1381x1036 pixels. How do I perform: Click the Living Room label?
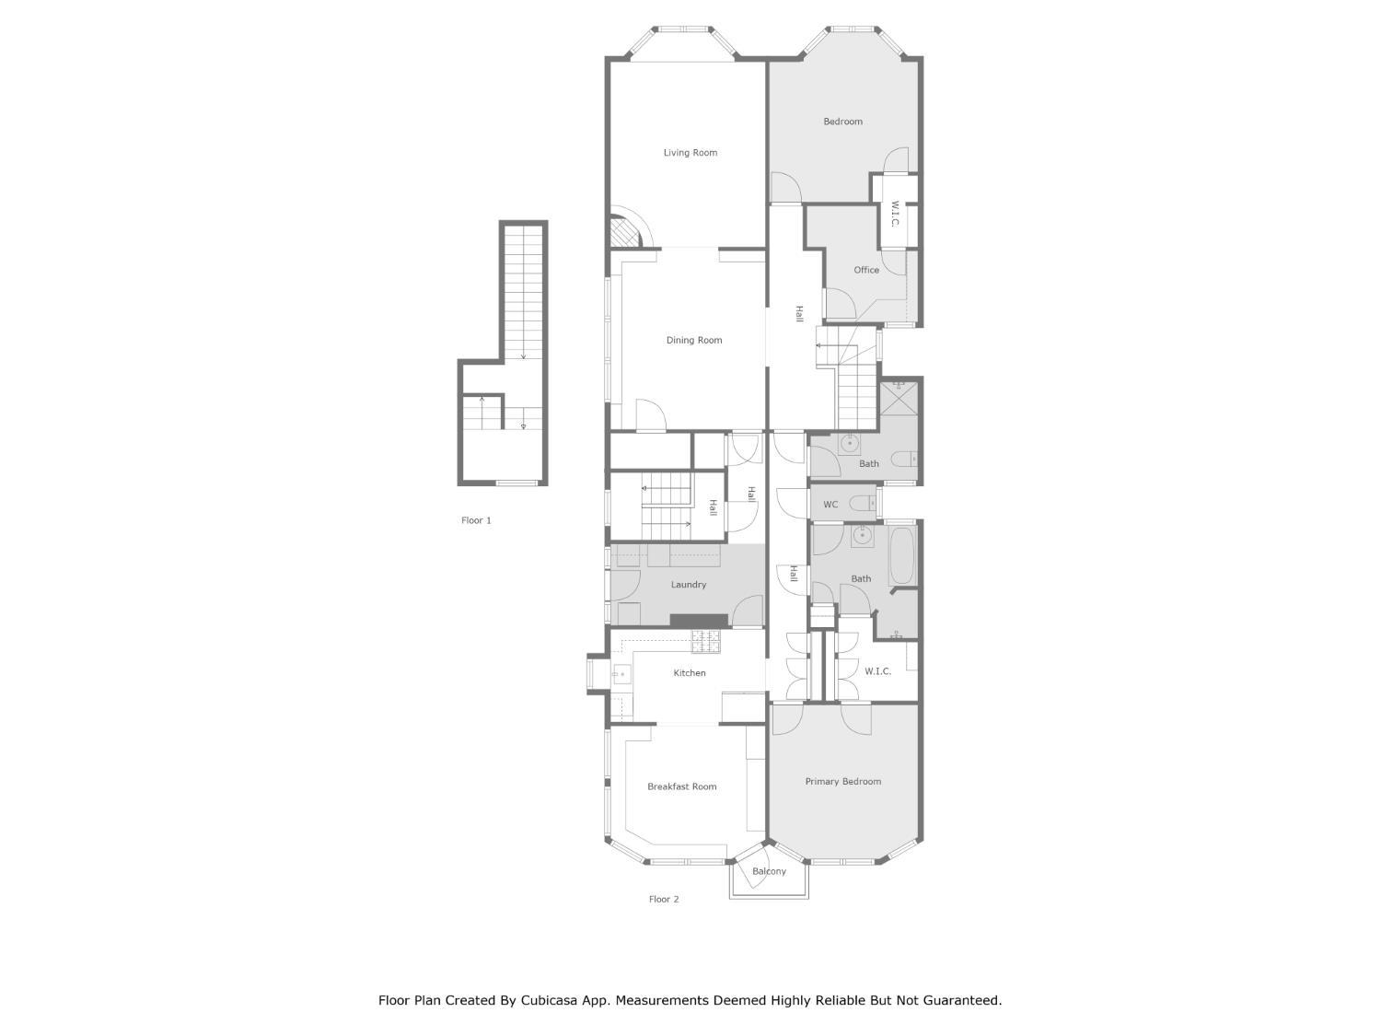(690, 153)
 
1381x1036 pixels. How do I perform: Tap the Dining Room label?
(694, 341)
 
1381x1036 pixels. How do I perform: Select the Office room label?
(866, 270)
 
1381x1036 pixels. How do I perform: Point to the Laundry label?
(689, 585)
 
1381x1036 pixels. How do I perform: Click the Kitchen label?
(690, 673)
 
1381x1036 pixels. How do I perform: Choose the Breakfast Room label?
(681, 786)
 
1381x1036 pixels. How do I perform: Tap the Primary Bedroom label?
(842, 782)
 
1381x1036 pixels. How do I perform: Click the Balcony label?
(769, 871)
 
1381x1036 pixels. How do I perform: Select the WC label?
(830, 505)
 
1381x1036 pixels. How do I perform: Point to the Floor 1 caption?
(476, 520)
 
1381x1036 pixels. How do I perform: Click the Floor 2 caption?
(664, 900)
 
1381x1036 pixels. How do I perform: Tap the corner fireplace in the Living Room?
(625, 231)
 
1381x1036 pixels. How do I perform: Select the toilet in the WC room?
(863, 504)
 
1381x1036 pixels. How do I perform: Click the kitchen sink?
(620, 675)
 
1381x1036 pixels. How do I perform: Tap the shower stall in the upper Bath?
(899, 398)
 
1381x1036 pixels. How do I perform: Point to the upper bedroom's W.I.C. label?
(894, 215)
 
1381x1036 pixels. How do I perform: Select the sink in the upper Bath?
(849, 444)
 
